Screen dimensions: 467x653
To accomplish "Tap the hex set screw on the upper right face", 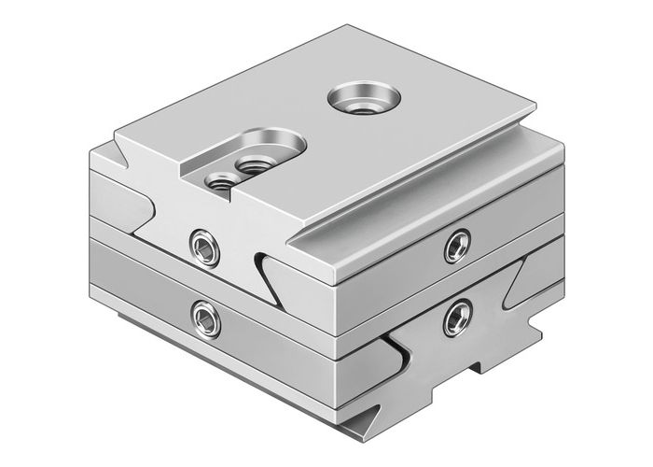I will (456, 244).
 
